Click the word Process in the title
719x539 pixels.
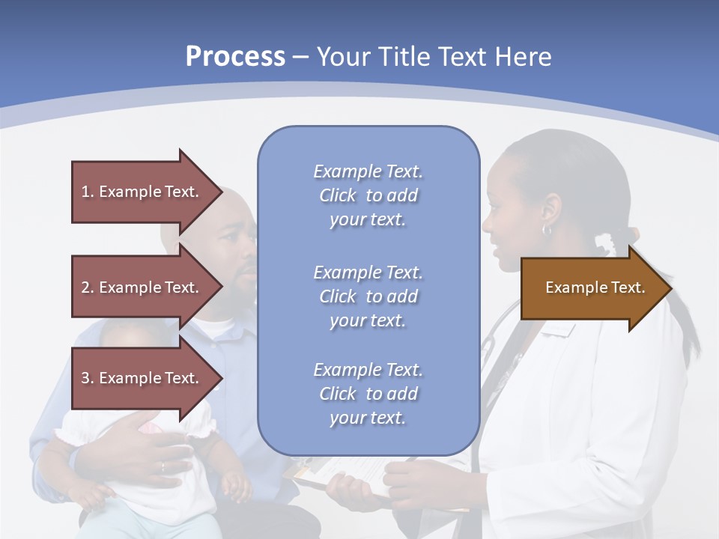(x=235, y=57)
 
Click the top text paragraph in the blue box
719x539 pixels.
(x=368, y=195)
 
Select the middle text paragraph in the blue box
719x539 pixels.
(x=368, y=296)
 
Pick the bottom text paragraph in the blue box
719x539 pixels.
(x=368, y=394)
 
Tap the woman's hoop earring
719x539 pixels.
(x=547, y=230)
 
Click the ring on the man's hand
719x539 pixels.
(x=163, y=467)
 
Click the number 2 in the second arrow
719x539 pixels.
(x=85, y=287)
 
